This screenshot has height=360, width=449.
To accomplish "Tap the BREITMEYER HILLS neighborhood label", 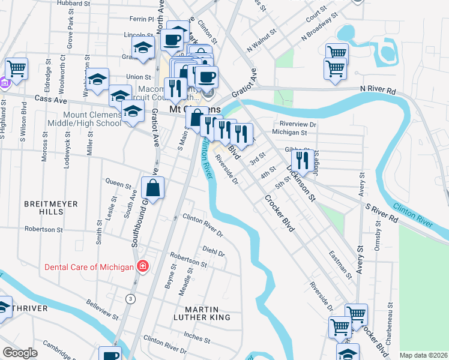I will (51, 208).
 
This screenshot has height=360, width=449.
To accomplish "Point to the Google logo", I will (20, 353).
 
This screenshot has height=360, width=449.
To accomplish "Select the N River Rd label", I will (378, 91).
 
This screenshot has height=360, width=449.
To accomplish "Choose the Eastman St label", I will (340, 265).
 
